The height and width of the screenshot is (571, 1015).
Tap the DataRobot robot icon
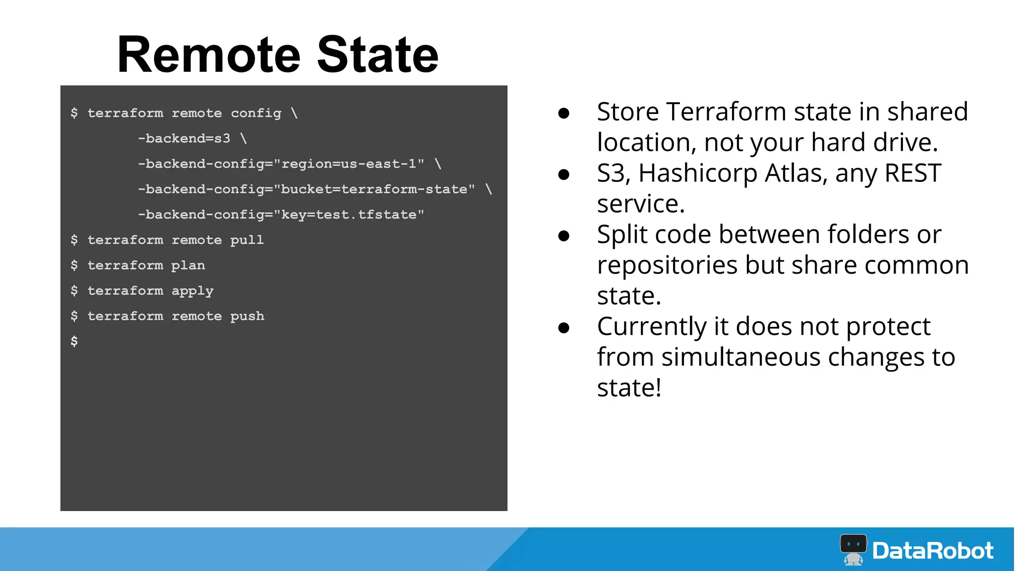point(853,549)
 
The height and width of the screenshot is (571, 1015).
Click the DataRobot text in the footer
point(933,551)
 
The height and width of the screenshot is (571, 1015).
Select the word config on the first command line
point(256,114)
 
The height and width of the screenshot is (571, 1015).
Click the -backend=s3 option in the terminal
point(184,138)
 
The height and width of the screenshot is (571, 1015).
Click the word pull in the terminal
point(247,240)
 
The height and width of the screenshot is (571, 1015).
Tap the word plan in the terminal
point(188,266)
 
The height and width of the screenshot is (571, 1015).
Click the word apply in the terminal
point(192,291)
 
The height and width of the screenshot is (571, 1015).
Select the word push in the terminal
point(247,317)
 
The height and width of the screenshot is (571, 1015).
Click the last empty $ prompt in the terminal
point(74,341)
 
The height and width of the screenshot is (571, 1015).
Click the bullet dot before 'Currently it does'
point(564,328)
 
